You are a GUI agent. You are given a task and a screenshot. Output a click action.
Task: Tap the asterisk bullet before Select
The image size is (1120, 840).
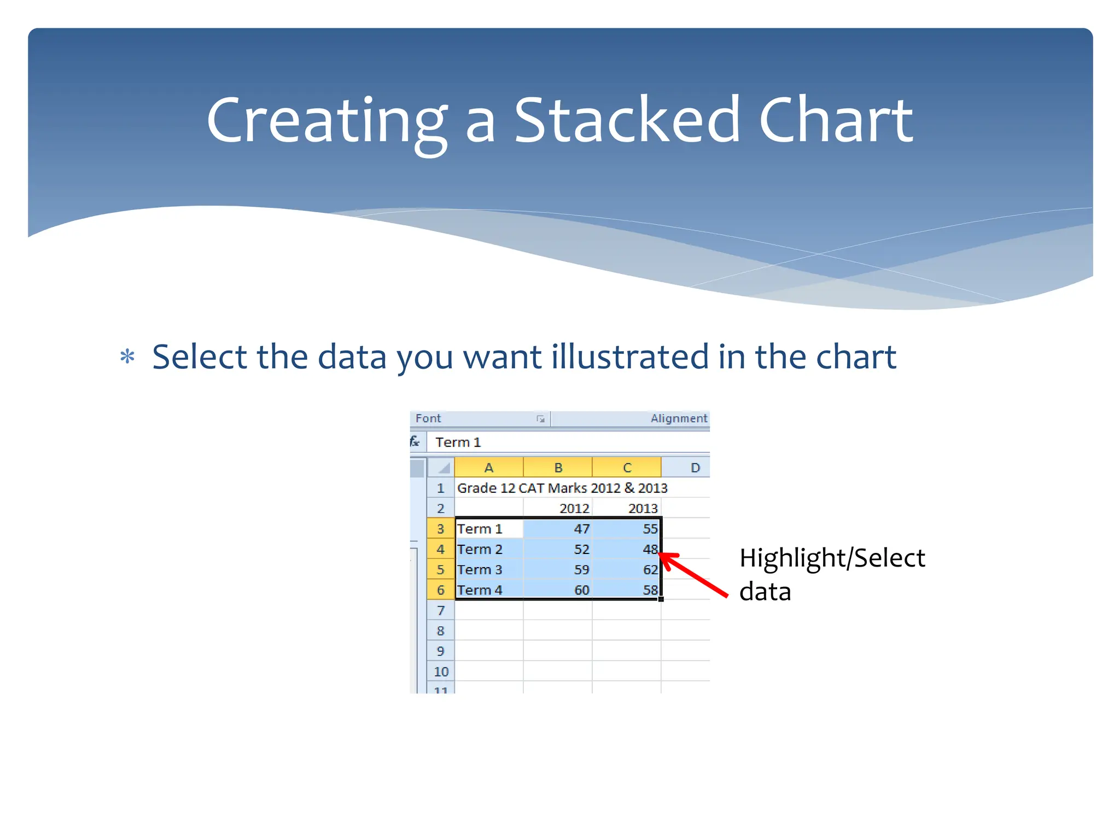[x=127, y=357]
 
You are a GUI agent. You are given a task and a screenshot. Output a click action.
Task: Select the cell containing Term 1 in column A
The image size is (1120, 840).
[x=488, y=529]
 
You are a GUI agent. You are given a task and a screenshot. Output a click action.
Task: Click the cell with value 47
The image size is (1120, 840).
[x=558, y=529]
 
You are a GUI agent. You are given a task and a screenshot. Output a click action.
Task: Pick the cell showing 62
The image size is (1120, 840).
[x=627, y=569]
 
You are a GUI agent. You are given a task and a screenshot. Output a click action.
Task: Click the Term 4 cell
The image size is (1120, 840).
[x=488, y=590]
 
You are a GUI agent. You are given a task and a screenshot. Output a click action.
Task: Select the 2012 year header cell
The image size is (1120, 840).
[x=558, y=508]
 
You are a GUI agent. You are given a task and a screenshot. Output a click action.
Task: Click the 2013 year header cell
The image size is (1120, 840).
[x=627, y=508]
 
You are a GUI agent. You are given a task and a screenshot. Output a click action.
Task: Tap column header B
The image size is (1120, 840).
[x=558, y=468]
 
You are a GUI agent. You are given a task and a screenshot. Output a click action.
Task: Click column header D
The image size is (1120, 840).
[x=695, y=468]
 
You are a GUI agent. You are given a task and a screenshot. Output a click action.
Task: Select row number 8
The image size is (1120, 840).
[x=440, y=631]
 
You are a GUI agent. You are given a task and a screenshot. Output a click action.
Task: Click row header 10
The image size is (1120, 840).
[x=440, y=672]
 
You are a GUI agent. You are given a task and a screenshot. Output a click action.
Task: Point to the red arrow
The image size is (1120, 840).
[x=695, y=575]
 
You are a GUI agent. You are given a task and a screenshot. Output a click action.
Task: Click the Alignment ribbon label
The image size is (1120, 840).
[x=678, y=418]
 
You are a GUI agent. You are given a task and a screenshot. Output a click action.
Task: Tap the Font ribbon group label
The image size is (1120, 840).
[x=428, y=418]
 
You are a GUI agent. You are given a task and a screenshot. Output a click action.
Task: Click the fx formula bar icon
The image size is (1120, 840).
[x=415, y=442]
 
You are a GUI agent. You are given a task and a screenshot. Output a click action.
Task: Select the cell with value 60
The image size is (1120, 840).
[x=558, y=590]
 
